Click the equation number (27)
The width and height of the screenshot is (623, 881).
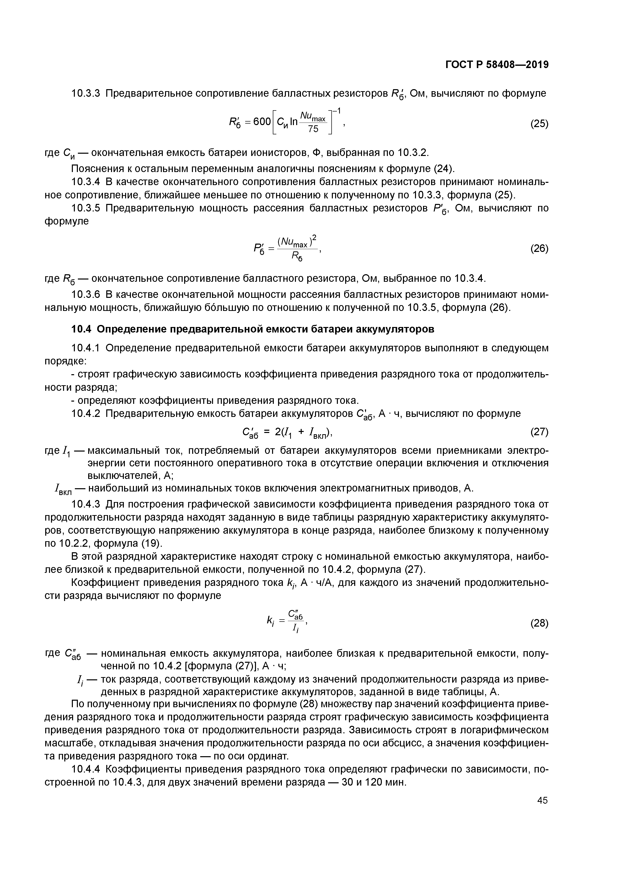(539, 432)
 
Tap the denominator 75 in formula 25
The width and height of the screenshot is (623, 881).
(313, 129)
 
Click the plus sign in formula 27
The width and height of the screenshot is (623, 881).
(302, 432)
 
